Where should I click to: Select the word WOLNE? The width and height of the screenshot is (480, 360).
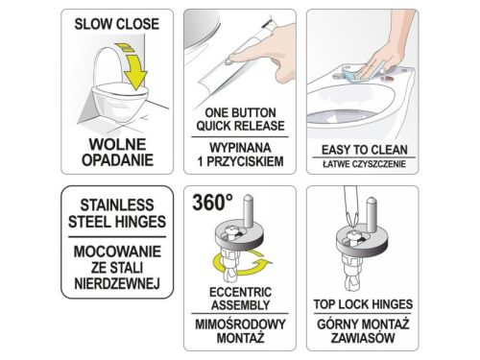coord(112,141)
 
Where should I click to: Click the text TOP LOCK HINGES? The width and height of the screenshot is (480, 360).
coord(362,302)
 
